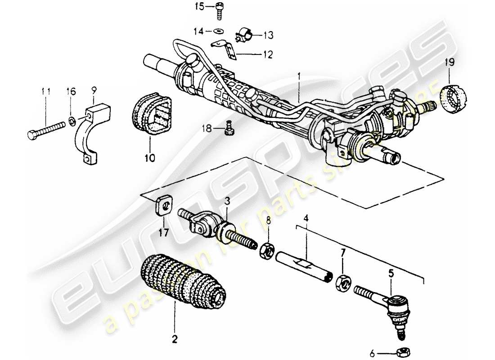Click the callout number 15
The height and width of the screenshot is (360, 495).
pyautogui.click(x=199, y=6)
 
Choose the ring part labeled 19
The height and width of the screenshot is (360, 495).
pyautogui.click(x=451, y=99)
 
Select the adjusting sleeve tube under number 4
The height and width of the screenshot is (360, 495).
pyautogui.click(x=304, y=266)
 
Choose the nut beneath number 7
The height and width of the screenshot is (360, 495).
pyautogui.click(x=342, y=282)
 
